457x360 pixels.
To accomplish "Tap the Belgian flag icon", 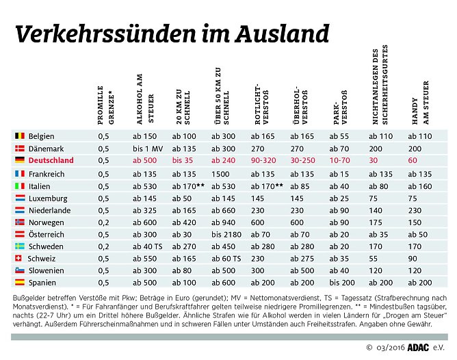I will point(20,136).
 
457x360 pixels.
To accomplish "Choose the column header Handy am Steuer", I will point(420,103).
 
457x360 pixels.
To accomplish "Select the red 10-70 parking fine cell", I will point(341,161).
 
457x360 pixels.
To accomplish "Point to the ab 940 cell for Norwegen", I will point(224,222).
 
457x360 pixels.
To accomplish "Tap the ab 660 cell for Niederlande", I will point(224,210).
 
